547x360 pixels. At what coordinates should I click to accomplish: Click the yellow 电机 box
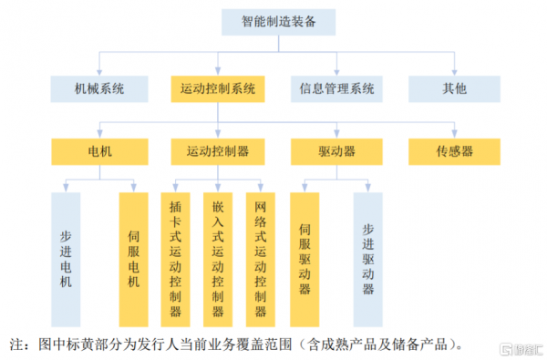[x=99, y=149]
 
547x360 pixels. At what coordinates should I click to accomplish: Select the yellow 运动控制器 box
[x=218, y=149]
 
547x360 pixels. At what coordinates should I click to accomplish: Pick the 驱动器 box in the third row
[x=336, y=149]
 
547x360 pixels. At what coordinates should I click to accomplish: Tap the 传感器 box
[x=453, y=149]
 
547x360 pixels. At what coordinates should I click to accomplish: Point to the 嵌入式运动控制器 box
[x=218, y=258]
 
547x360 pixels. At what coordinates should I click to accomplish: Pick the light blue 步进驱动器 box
[x=368, y=258]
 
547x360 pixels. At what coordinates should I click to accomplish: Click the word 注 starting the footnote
[x=15, y=345]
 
